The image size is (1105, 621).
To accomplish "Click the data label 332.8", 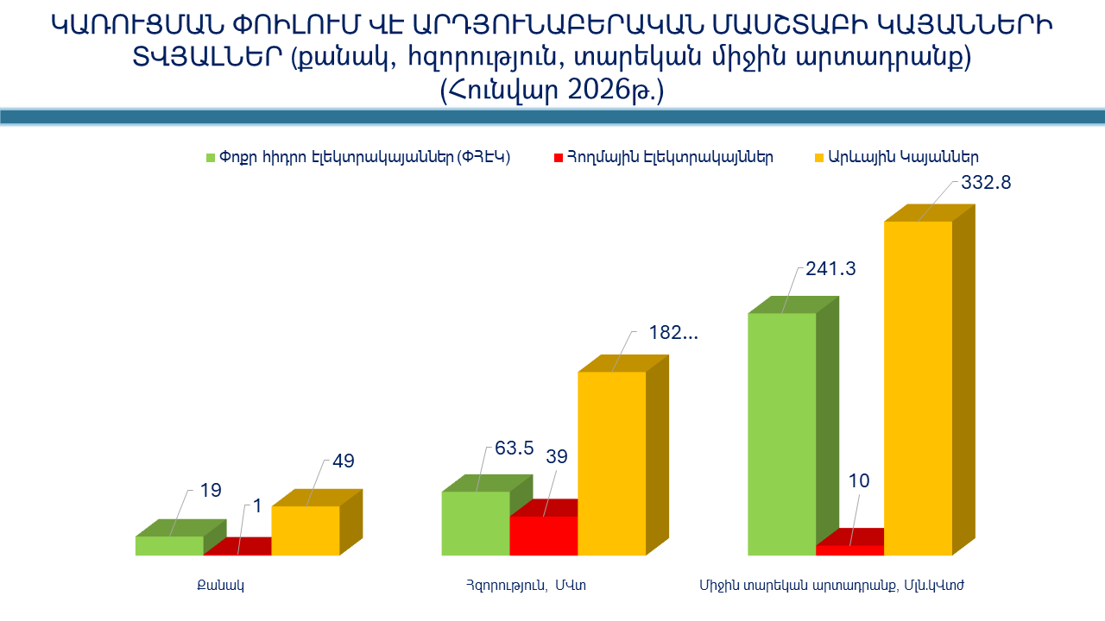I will coord(986,184).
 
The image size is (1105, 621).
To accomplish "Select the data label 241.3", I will coord(830,269).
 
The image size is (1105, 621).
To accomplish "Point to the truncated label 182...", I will coord(673,333).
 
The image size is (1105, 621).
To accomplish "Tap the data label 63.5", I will coord(515,448).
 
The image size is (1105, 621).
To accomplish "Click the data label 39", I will coord(557,457).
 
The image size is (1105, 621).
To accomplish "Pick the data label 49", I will coord(344,461).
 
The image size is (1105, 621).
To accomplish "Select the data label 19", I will coord(211,491).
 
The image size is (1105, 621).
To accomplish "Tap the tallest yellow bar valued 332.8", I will coord(918,388).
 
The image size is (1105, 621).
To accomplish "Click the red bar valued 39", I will coord(544,536).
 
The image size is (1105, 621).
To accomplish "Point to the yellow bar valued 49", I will coord(306,530).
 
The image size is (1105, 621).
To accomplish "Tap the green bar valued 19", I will coord(169,546).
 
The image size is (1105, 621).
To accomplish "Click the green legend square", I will coord(210,158).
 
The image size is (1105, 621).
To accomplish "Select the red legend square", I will coord(558,158).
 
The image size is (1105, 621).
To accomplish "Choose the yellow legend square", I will coord(820,158).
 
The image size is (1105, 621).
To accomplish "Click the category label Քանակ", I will coord(221,586).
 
